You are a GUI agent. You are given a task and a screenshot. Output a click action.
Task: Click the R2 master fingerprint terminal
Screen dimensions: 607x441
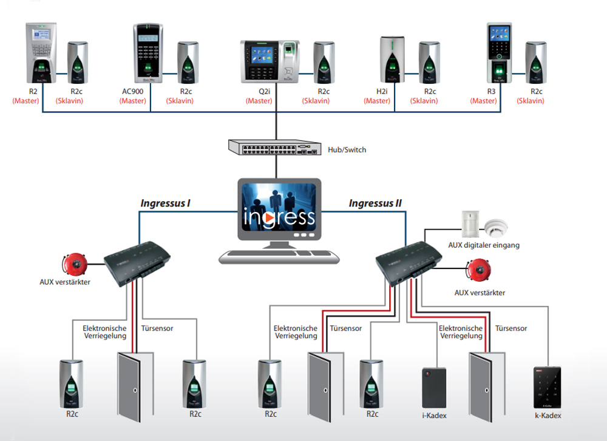41,53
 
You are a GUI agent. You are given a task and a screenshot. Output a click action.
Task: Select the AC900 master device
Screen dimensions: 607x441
148,53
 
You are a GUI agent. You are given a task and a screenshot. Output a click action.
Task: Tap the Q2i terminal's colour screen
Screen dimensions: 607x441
262,55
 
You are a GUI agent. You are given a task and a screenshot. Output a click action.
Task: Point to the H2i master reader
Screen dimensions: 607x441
392,60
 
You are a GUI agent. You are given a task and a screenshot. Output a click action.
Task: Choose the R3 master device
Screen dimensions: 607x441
499,53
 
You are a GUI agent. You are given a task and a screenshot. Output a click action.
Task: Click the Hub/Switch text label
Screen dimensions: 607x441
347,149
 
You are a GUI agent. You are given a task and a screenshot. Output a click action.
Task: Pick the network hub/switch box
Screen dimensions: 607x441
275,147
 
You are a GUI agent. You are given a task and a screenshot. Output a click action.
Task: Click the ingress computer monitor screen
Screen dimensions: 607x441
279,207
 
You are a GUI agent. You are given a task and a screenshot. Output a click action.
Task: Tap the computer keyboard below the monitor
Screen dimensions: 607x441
279,256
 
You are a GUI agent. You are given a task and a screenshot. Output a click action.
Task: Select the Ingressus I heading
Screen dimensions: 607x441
165,203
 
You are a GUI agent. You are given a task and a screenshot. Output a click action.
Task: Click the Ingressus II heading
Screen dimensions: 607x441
375,203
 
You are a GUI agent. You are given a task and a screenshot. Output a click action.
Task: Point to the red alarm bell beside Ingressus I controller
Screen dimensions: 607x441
75,264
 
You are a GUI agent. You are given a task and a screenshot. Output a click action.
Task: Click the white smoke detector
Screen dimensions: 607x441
496,227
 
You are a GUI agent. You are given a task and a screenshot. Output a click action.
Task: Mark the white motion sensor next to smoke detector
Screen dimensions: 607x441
470,224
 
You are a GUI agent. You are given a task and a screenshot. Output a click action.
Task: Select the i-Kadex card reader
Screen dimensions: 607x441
434,388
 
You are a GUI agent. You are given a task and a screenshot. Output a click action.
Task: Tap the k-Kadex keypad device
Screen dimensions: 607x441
548,387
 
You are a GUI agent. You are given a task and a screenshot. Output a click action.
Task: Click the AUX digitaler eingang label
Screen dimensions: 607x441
484,245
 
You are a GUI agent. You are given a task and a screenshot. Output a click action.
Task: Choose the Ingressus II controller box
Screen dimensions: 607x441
409,262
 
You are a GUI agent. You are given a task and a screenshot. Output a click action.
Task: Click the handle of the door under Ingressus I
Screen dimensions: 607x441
135,390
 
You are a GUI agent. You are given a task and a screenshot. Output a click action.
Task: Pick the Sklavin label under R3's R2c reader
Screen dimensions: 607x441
531,101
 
